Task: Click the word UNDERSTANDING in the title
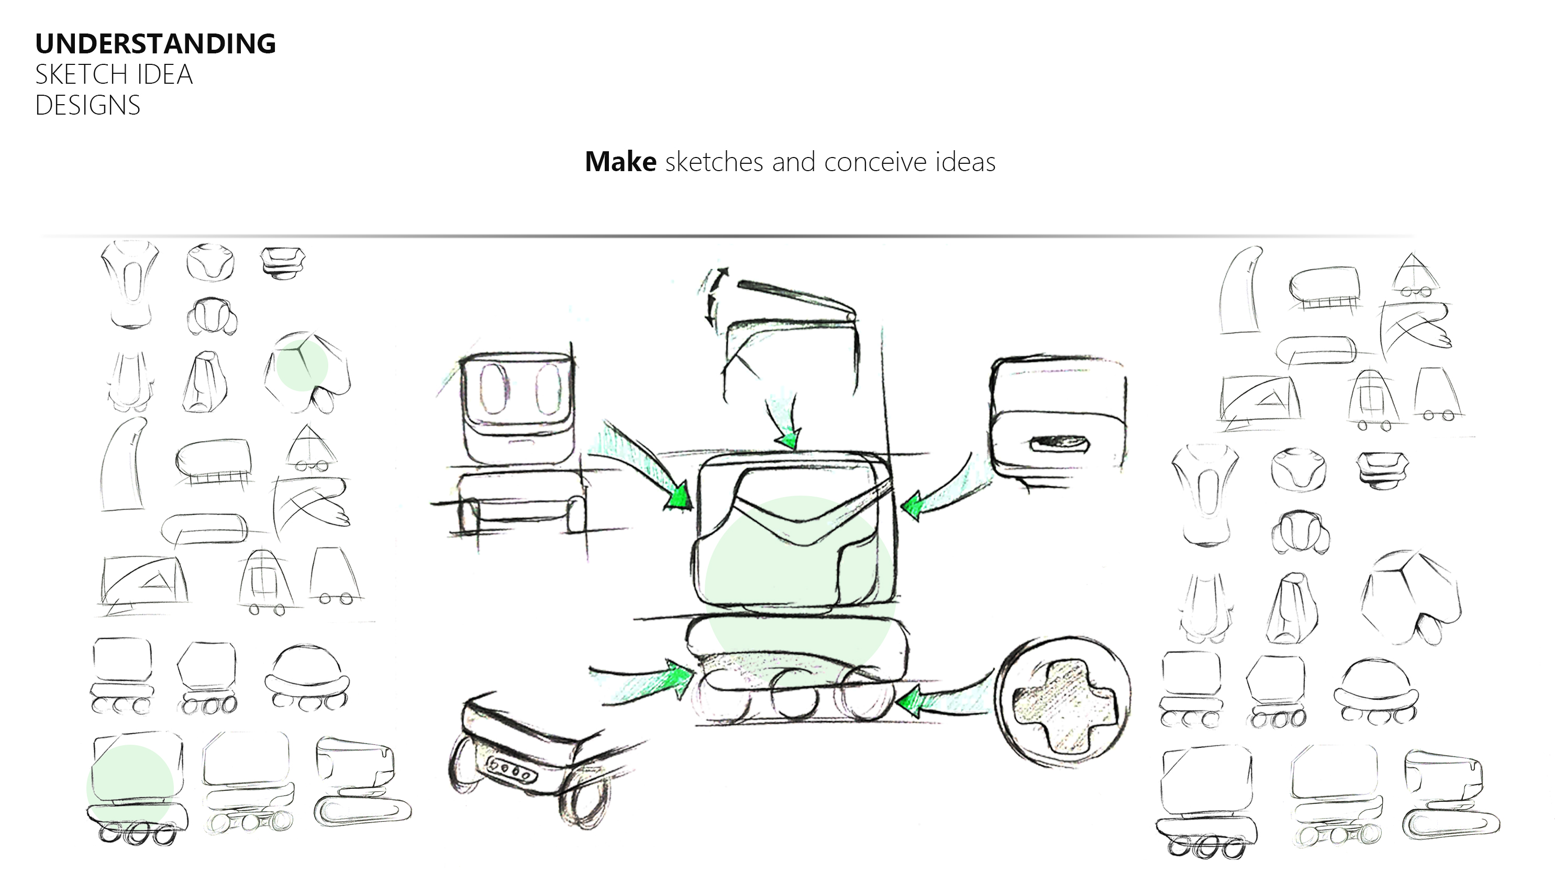[155, 44]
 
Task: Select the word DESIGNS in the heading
[87, 106]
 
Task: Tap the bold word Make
[620, 162]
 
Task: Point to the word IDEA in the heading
[164, 75]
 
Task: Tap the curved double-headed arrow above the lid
[714, 296]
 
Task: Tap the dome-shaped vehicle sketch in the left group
[307, 676]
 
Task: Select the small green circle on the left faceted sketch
[302, 365]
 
